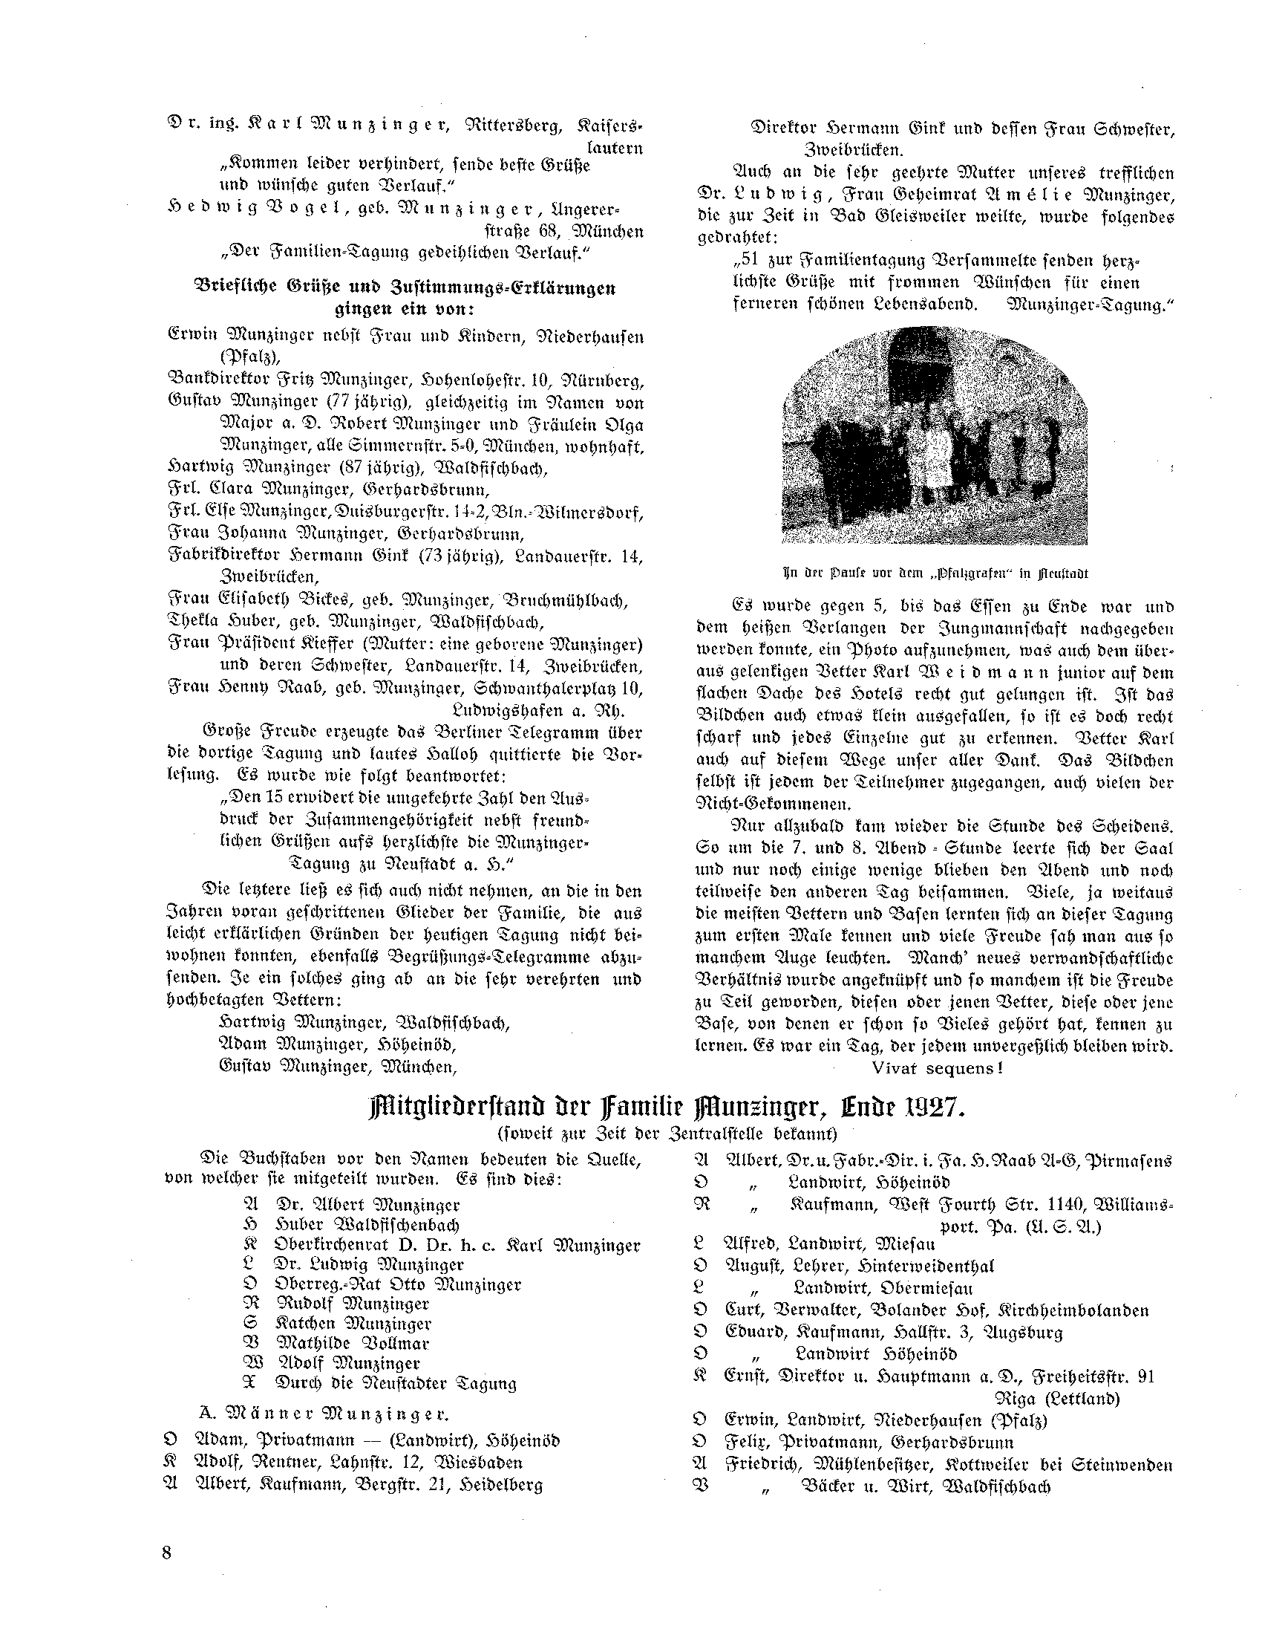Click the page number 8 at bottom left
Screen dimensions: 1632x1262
pyautogui.click(x=166, y=1553)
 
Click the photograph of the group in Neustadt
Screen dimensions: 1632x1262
pyautogui.click(x=934, y=435)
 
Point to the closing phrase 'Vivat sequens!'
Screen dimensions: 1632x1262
pyautogui.click(x=936, y=1069)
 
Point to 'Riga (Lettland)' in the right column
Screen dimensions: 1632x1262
pyautogui.click(x=1057, y=1398)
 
